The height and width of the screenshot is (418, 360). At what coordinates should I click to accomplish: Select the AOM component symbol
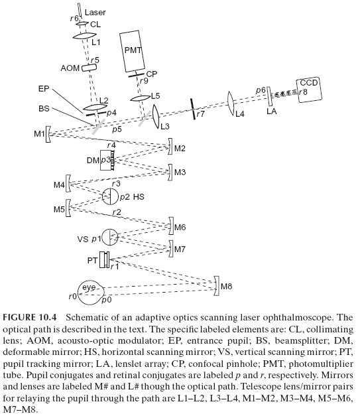pyautogui.click(x=89, y=68)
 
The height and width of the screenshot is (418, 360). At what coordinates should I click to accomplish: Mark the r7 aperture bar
pyautogui.click(x=193, y=109)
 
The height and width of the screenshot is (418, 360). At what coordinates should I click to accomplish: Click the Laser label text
pyautogui.click(x=95, y=12)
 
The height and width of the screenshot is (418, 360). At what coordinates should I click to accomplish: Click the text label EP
pyautogui.click(x=44, y=88)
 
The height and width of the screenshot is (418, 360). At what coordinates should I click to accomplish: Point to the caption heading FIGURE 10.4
pyautogui.click(x=30, y=318)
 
